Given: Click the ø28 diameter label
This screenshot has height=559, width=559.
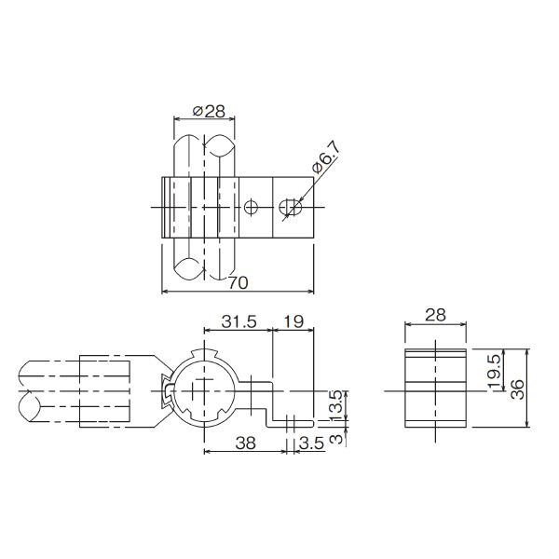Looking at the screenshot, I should (208, 111).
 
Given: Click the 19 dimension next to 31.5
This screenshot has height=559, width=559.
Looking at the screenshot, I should (293, 321).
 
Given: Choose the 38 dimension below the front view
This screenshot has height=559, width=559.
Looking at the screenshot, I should (243, 445).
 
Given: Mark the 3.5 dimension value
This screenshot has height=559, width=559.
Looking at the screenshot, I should (311, 445).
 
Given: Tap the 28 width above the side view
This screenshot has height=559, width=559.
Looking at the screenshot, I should (435, 317).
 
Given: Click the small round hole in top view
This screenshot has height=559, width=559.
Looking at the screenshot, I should (252, 207).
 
